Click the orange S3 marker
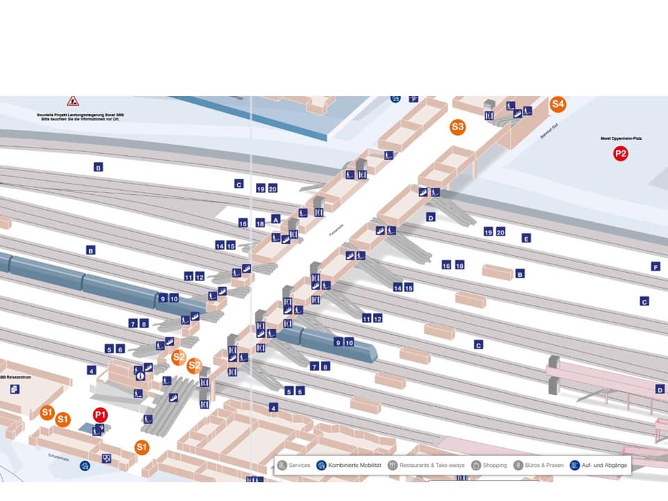point(457,127)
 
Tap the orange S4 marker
point(558,104)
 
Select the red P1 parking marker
point(100,415)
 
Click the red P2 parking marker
point(620,154)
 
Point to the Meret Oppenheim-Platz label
point(621,138)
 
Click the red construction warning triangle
point(72,102)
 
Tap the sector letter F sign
point(655,267)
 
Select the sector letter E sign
point(526,239)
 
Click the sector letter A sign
point(276,218)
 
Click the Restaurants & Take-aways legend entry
point(426,465)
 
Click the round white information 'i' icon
point(140,376)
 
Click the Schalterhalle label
point(58,458)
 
